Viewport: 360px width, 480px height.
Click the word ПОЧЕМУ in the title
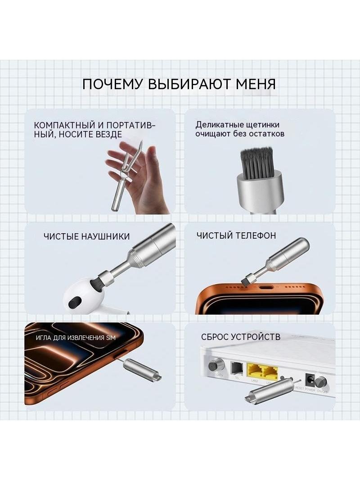click(x=112, y=84)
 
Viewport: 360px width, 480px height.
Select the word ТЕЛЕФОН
click(x=256, y=235)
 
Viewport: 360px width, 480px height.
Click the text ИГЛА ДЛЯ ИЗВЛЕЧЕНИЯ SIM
click(x=76, y=338)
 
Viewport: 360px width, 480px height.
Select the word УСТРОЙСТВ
click(x=256, y=337)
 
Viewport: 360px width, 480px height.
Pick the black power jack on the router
click(x=310, y=380)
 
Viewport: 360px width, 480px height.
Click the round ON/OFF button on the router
click(x=321, y=383)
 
